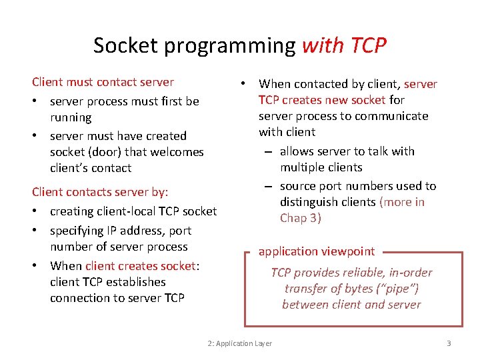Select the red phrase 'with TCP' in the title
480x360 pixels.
click(344, 45)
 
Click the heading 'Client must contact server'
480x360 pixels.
click(103, 82)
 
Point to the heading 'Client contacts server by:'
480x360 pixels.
click(100, 192)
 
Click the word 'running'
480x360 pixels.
click(71, 117)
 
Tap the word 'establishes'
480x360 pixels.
click(131, 282)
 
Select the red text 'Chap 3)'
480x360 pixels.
click(301, 218)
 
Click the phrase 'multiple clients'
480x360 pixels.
click(321, 167)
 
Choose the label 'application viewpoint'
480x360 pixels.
click(317, 251)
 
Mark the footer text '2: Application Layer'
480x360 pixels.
click(240, 343)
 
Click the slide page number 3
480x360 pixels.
click(449, 343)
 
